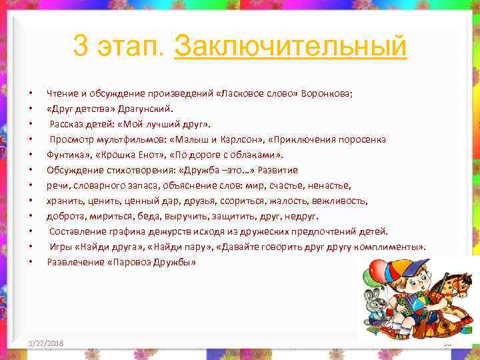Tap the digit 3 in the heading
point(82,47)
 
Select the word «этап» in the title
point(132,47)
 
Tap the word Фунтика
point(64,155)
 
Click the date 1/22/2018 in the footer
point(47,342)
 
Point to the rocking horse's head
point(459,284)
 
